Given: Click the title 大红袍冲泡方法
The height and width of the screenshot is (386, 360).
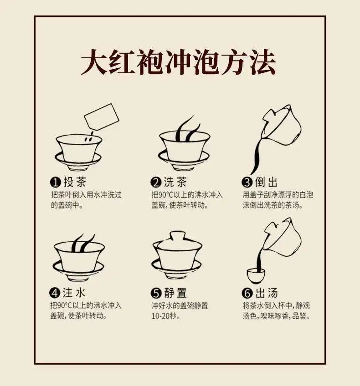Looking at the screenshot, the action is tap(178, 62).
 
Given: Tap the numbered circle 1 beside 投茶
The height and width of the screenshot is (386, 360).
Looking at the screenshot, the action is tap(55, 183).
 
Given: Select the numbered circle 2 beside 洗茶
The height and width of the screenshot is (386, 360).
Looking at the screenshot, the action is tap(156, 183).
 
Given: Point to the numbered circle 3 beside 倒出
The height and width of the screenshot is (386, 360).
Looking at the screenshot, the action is tap(247, 183).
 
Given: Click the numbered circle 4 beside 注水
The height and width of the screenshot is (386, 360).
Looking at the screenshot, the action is tap(55, 293).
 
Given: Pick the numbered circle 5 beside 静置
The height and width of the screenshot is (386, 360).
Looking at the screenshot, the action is tap(156, 293).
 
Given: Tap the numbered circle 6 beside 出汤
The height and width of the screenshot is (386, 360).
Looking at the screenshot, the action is tap(247, 293).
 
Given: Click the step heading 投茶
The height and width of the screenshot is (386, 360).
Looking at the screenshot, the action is tap(75, 182).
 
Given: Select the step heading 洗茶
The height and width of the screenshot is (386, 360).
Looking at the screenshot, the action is tap(175, 182).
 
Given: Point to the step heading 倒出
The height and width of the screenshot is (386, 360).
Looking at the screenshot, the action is tap(267, 182).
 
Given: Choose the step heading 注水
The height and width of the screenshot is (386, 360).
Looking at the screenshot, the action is tap(74, 293).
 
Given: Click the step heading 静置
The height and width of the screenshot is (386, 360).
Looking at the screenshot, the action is tap(175, 293).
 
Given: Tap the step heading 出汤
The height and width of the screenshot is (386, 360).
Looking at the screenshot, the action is tap(267, 293).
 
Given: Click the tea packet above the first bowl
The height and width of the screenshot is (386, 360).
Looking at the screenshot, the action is tap(102, 117).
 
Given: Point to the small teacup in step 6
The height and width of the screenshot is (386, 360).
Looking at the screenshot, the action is tap(256, 276).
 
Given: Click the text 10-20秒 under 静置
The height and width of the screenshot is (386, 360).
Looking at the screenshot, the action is tap(165, 316).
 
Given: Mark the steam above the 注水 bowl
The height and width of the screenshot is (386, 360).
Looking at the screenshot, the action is tap(83, 243).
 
